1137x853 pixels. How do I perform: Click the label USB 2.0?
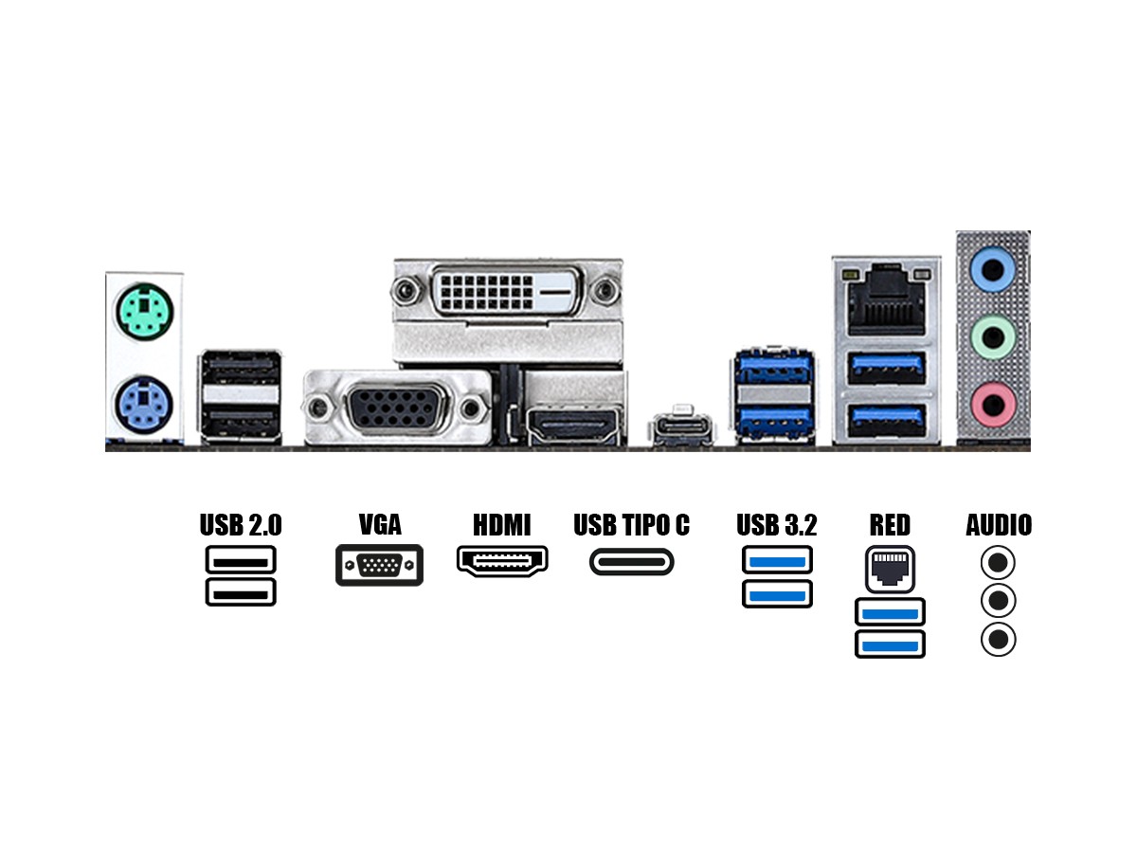[x=241, y=525]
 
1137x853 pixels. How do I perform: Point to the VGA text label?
[x=380, y=525]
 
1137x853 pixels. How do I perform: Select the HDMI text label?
[x=502, y=525]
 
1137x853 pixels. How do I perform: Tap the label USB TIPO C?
[x=632, y=525]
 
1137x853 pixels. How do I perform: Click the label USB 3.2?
[x=777, y=525]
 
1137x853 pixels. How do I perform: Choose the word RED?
[x=890, y=525]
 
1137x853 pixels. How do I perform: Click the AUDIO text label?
[x=999, y=525]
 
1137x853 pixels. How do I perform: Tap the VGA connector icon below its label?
[x=379, y=566]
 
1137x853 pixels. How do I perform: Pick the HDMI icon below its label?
[x=503, y=562]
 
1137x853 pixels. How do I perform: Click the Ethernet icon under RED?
[x=890, y=569]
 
